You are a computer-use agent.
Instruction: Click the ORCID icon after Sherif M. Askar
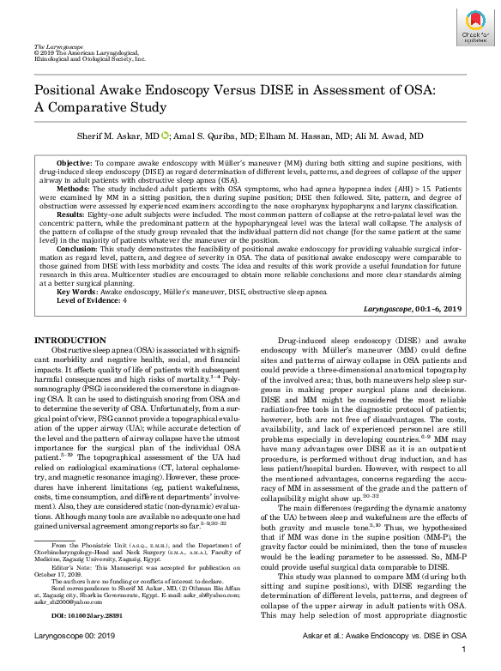pos(165,136)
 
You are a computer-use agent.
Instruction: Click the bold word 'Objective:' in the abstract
pos(75,162)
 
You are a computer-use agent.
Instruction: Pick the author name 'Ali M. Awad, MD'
pos(390,136)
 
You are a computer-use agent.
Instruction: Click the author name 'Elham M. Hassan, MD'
pos(310,136)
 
